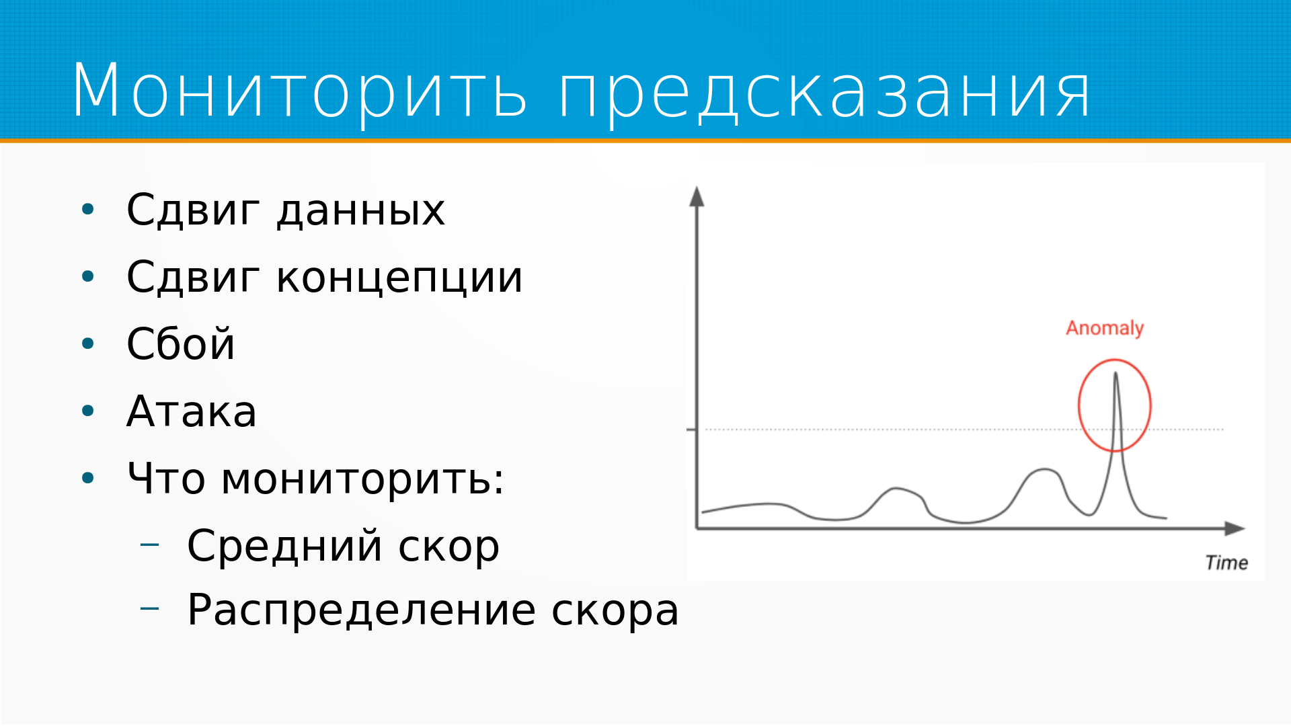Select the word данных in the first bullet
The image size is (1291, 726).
(x=361, y=211)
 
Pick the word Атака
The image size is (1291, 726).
(x=192, y=411)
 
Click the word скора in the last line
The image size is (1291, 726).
(x=615, y=611)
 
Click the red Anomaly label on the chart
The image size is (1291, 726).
(x=1105, y=328)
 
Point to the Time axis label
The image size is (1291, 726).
(x=1226, y=563)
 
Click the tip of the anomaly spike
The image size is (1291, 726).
(x=1116, y=373)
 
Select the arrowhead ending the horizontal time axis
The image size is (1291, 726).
(x=1235, y=528)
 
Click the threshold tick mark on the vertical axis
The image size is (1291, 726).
(x=691, y=429)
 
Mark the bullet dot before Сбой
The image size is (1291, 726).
(x=88, y=344)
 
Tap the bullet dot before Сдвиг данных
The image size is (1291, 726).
(x=88, y=209)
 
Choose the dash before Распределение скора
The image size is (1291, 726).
(x=150, y=608)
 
